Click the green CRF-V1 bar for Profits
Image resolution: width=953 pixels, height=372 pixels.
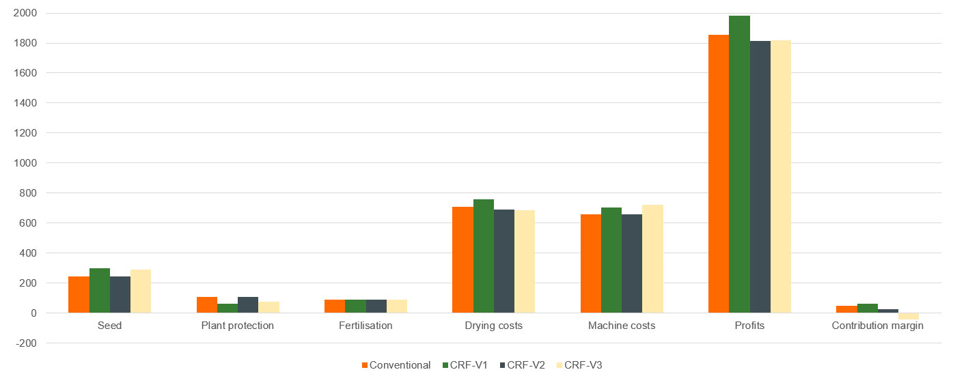(739, 164)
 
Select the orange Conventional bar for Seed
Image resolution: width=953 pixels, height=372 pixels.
(79, 294)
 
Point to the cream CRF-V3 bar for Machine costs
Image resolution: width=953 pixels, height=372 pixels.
(652, 259)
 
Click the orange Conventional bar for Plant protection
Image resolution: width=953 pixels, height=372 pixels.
(207, 304)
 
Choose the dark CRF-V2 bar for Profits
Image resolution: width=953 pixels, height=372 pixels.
(760, 177)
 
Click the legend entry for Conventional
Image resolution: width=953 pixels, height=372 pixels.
(396, 365)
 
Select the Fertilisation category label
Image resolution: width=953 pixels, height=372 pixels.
(365, 326)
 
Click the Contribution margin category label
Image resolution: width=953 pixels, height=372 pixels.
(877, 326)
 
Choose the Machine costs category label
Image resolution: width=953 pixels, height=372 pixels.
(621, 326)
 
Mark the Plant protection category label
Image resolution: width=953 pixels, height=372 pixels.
(237, 326)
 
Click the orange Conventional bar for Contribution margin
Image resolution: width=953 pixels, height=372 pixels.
(846, 309)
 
